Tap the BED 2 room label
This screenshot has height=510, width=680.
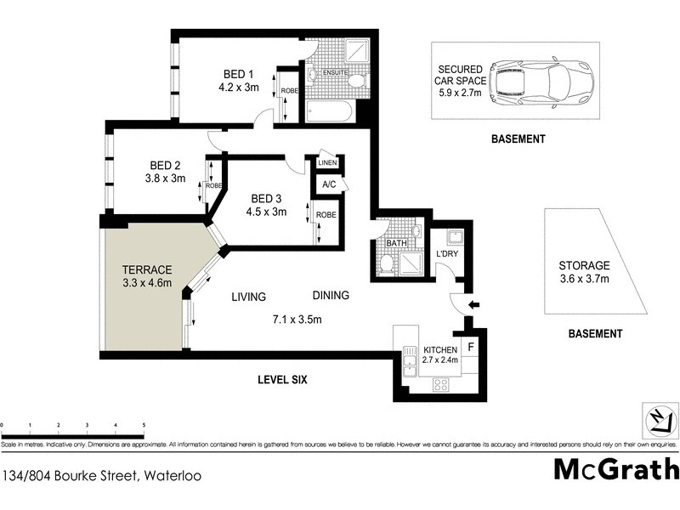(166, 165)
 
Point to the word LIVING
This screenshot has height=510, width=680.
(249, 297)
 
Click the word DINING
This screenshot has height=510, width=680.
(330, 296)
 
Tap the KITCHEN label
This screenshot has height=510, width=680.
(439, 350)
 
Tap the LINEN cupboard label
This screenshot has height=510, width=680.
(326, 162)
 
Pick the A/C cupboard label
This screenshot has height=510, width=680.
(327, 184)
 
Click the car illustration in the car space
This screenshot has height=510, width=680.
(540, 80)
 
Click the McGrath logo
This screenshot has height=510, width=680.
(616, 468)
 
